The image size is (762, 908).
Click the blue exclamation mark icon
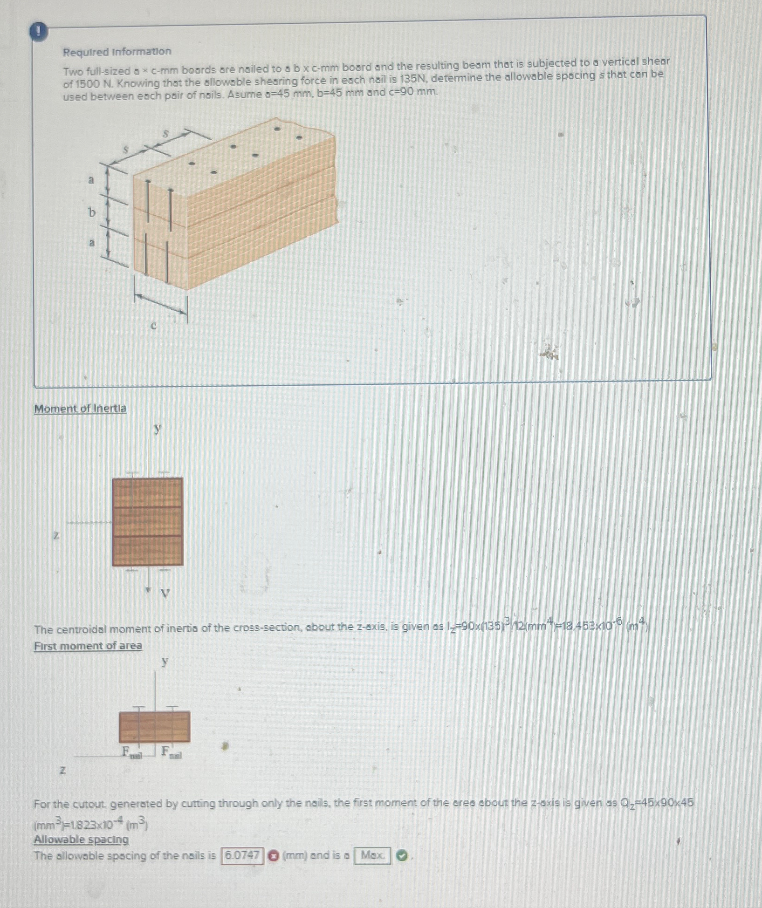coord(39,32)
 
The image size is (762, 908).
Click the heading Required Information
coord(117,51)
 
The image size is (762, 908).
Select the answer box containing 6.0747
coord(242,855)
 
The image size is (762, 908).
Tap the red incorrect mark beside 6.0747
coord(274,856)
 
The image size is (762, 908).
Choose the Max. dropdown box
coord(372,855)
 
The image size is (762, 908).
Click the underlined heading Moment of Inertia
coord(80,409)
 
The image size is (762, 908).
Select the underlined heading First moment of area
coord(88,646)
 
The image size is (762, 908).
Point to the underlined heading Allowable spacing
coord(81,840)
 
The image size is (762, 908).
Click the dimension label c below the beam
coord(154,326)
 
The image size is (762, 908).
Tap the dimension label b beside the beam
coord(92,212)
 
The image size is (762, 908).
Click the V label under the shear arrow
coord(165,593)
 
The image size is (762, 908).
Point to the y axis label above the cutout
coord(164,661)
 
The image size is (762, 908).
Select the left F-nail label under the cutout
coord(131,751)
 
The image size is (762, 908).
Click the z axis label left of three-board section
coord(56,535)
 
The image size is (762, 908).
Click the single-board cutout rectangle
coord(154,726)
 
